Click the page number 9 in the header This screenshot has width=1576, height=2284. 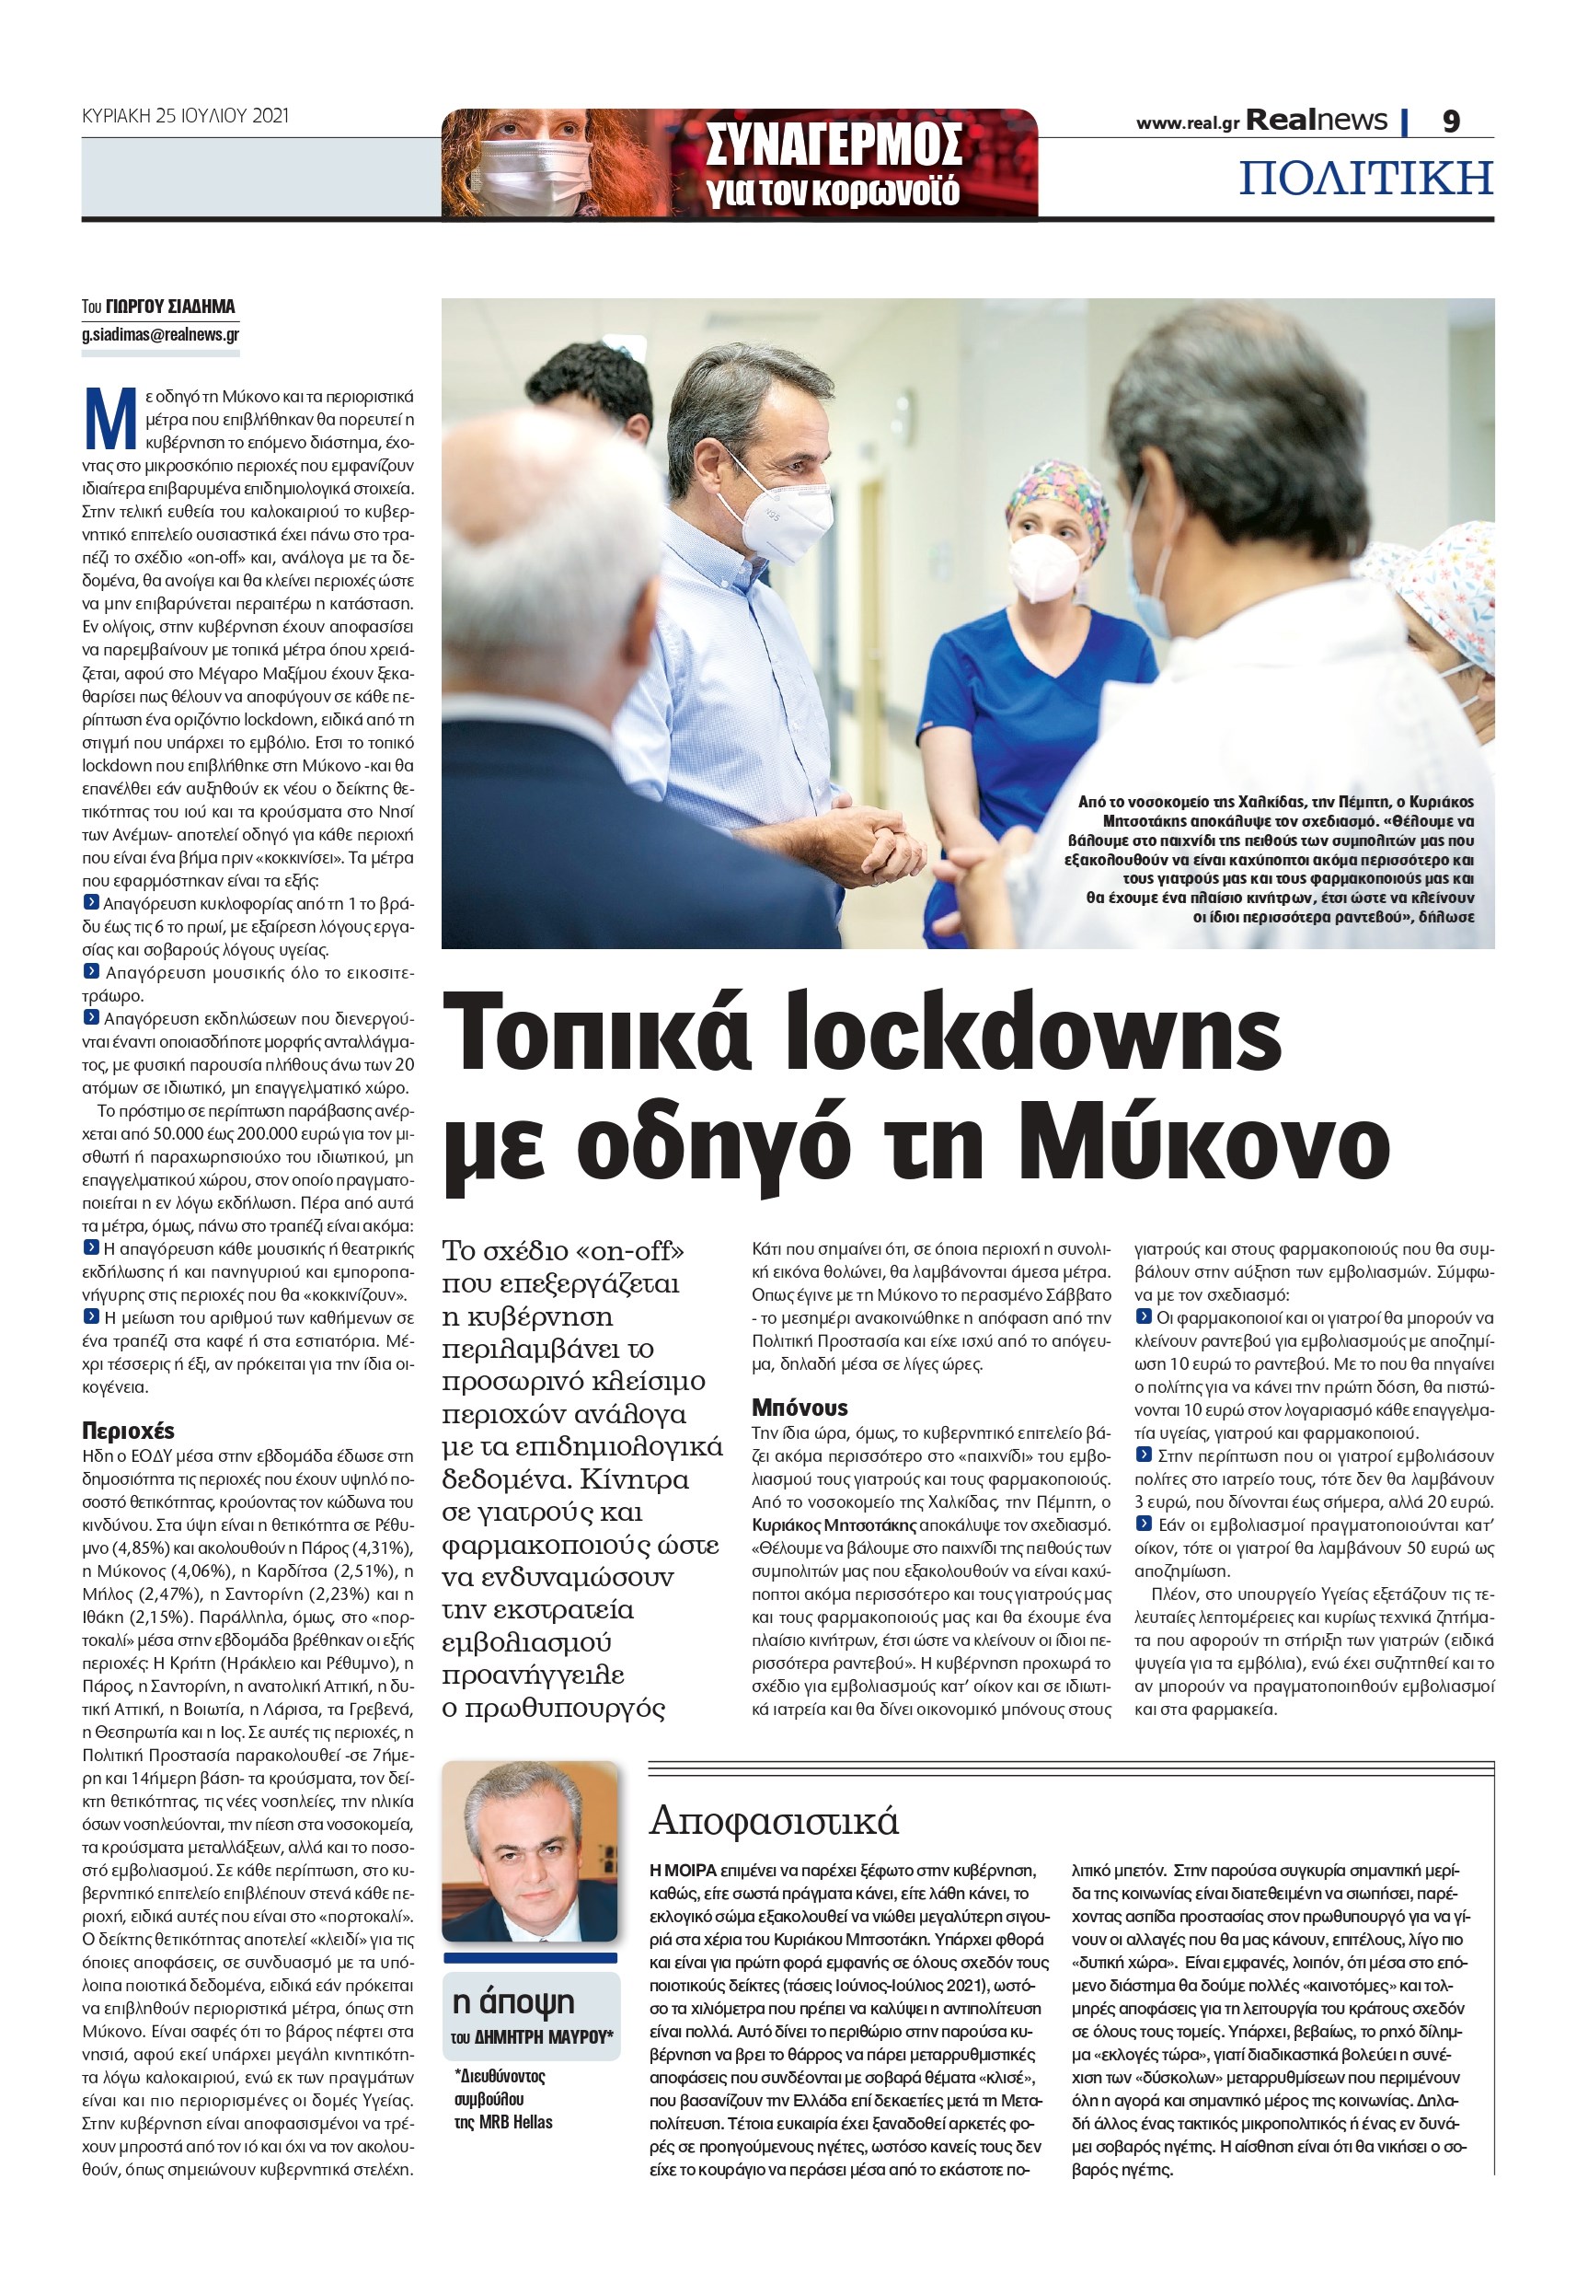[x=1451, y=122]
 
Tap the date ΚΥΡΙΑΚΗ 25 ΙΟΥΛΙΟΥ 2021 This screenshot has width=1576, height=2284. [x=185, y=116]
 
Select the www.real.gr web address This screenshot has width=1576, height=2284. [x=1187, y=123]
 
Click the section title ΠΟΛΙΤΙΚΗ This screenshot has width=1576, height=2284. [x=1365, y=179]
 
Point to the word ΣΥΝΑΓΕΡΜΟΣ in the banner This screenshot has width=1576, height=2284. [x=834, y=146]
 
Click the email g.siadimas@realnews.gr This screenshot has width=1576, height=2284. [x=160, y=335]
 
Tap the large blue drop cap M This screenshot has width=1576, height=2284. [x=109, y=418]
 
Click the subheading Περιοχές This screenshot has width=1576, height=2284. [x=129, y=1431]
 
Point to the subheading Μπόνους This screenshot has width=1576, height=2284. [x=800, y=1407]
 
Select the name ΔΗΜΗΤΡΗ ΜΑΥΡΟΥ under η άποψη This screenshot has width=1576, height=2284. [x=544, y=2037]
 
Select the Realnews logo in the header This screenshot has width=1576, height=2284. [x=1317, y=121]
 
